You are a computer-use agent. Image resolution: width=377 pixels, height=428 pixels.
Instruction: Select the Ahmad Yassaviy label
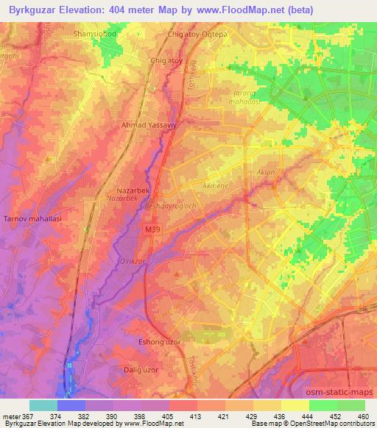pos(149,125)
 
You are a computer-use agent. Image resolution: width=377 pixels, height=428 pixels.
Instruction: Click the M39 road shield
pos(149,230)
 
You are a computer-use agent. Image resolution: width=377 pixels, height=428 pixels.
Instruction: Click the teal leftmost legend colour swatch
pos(43,405)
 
